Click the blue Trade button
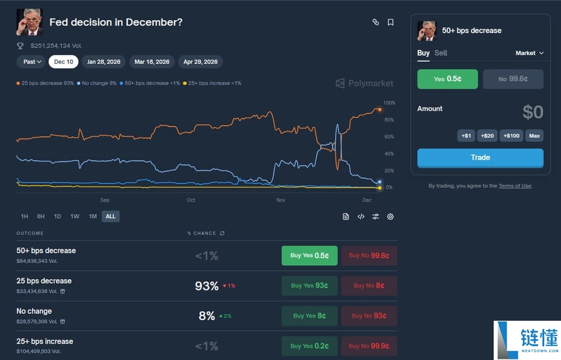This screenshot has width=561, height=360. (480, 158)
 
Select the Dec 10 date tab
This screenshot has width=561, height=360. (63, 62)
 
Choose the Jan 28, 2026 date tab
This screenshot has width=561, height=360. (104, 62)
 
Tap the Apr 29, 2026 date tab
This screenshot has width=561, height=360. (200, 62)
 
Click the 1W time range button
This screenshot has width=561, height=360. (75, 216)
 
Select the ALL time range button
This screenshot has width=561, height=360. (111, 216)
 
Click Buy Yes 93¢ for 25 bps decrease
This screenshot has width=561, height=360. (309, 285)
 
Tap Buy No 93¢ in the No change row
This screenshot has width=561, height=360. (369, 316)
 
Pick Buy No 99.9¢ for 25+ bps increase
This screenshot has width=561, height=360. (369, 346)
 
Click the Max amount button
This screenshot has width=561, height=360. (534, 136)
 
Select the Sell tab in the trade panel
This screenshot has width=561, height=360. (441, 53)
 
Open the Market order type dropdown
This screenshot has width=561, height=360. (530, 53)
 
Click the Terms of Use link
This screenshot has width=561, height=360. (514, 186)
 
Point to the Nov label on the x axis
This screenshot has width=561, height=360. (281, 200)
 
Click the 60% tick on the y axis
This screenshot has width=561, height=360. (389, 137)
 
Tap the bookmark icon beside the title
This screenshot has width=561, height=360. (390, 22)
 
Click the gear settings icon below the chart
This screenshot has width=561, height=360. (390, 216)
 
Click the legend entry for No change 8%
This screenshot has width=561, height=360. (96, 83)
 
